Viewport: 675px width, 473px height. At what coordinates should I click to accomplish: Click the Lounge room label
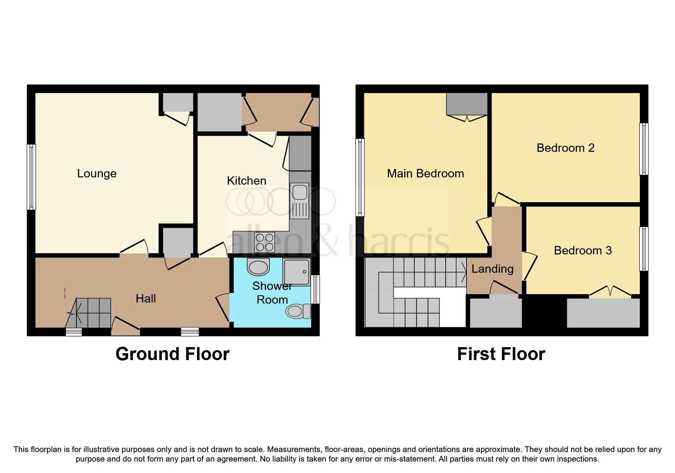point(97,174)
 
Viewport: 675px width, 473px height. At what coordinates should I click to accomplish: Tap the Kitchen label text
point(247,181)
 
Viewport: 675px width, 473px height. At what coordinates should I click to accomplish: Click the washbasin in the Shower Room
point(258,267)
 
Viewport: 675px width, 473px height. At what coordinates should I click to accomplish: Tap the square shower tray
point(297,272)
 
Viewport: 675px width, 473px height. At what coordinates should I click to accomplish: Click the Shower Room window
point(315,290)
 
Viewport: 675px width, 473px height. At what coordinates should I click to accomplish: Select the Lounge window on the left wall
point(31,177)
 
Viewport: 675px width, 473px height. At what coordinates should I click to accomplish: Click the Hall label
point(146,299)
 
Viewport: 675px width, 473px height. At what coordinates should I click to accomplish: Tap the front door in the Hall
point(125,327)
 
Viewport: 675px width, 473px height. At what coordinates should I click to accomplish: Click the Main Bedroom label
point(425,174)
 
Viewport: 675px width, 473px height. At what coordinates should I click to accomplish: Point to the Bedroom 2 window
point(643,149)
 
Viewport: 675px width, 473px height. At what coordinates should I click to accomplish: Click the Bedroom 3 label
point(582,251)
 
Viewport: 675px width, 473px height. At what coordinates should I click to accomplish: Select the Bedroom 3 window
point(643,249)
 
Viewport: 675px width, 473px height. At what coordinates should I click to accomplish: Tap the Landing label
point(492,269)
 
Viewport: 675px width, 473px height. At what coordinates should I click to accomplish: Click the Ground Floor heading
point(172,354)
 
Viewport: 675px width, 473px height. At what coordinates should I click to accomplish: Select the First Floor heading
point(501,354)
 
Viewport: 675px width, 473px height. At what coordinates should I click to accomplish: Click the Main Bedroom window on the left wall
point(360,177)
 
